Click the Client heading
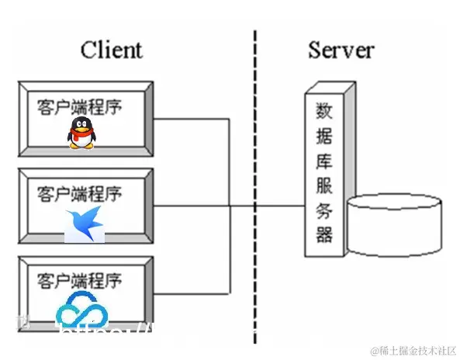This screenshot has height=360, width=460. pyautogui.click(x=111, y=50)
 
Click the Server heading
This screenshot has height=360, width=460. pyautogui.click(x=341, y=50)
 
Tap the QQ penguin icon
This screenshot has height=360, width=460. pyautogui.click(x=81, y=133)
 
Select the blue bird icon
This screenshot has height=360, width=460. pyautogui.click(x=85, y=223)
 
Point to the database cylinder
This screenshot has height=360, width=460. pyautogui.click(x=396, y=226)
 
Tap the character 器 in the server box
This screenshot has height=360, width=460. pyautogui.click(x=323, y=234)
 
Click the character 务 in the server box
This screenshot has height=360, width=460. pyautogui.click(x=323, y=209)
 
